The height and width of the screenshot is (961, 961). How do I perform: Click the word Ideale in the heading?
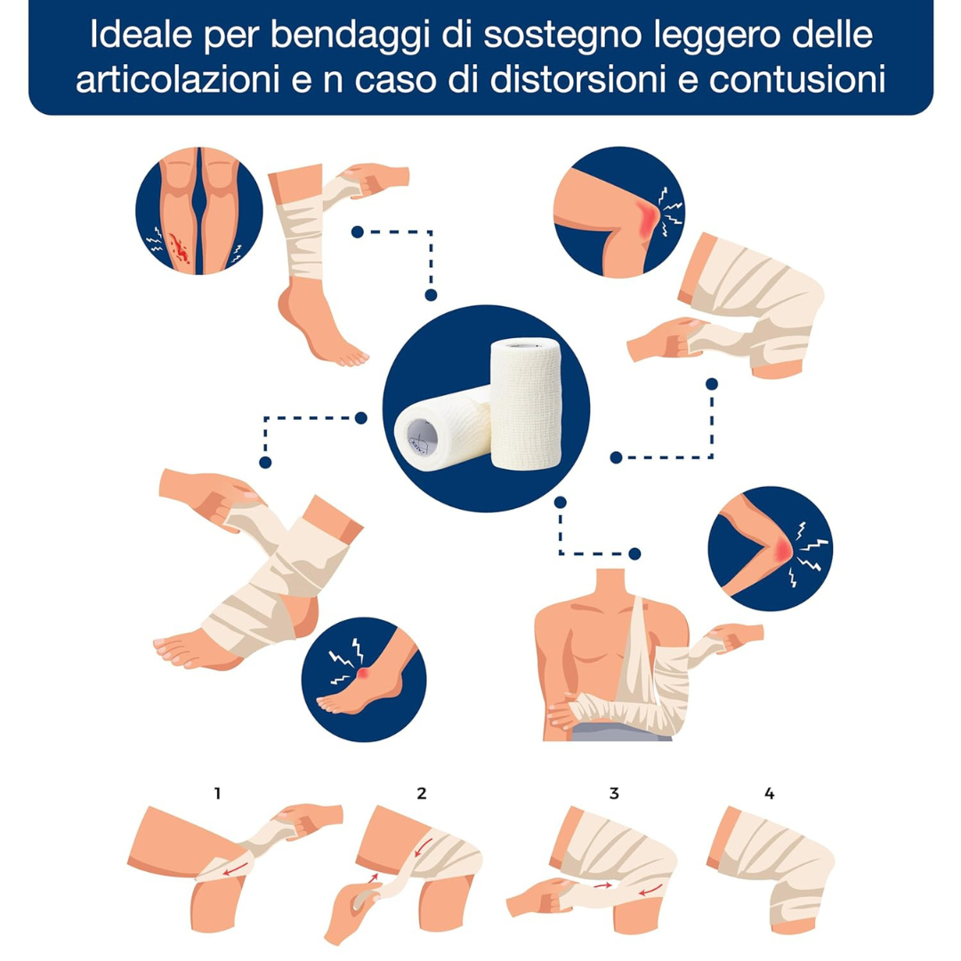[141, 35]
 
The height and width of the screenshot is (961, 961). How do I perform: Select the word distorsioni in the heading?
[577, 80]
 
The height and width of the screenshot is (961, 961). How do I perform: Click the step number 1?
[218, 794]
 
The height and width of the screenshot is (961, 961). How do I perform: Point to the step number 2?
[421, 794]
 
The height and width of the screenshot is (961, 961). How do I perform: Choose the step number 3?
[614, 794]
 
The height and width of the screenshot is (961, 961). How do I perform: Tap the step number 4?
[769, 794]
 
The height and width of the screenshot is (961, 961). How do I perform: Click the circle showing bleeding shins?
[199, 210]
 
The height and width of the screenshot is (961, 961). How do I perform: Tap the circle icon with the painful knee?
[619, 212]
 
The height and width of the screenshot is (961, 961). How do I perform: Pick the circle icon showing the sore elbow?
[771, 548]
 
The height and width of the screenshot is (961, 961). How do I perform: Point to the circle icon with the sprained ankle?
[363, 679]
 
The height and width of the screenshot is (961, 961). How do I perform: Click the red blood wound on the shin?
[180, 248]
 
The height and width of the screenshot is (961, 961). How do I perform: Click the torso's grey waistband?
[620, 731]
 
